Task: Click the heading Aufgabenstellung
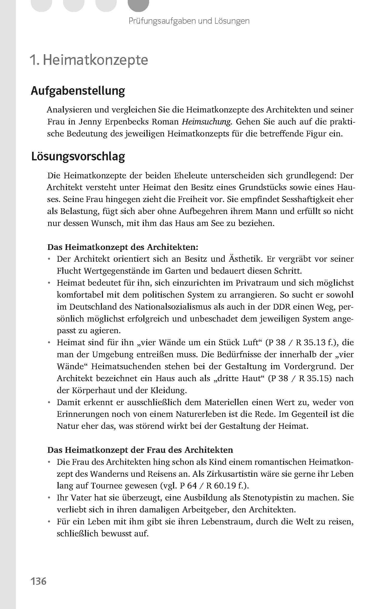pyautogui.click(x=78, y=91)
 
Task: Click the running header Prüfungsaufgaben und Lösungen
pyautogui.click(x=189, y=21)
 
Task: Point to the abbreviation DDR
pyautogui.click(x=282, y=307)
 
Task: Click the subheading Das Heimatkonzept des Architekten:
pyautogui.click(x=123, y=247)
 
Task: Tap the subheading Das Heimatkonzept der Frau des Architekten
pyautogui.click(x=140, y=450)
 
